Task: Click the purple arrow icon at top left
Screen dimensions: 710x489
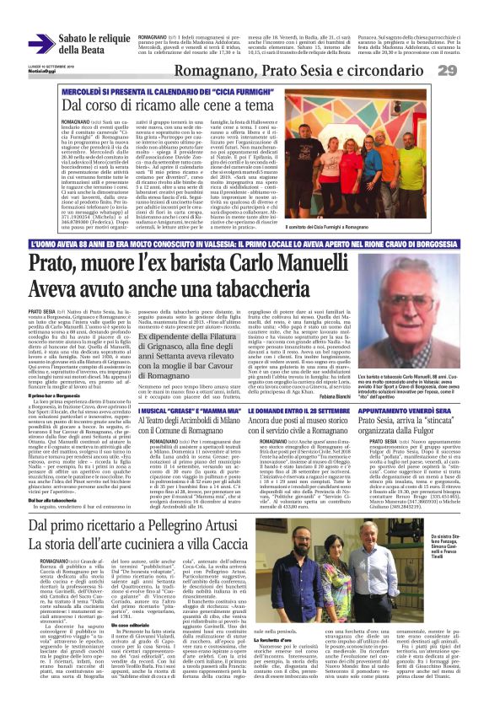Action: click(x=40, y=44)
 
